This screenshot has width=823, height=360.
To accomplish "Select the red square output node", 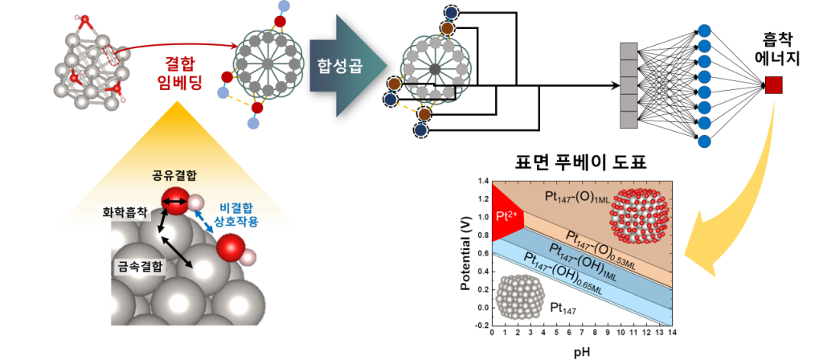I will (774, 84).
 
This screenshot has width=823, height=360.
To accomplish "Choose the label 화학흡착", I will (125, 215).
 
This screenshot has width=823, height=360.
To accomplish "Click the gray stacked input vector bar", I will (629, 84).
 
